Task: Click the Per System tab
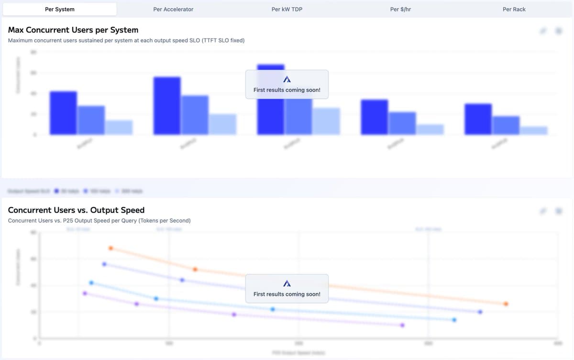coord(60,9)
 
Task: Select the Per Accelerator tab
coord(173,9)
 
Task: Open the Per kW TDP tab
coord(287,9)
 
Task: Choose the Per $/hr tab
coord(400,9)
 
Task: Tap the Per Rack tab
coord(514,9)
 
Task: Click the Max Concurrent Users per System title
coord(73,30)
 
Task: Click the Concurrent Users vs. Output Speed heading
coord(76,210)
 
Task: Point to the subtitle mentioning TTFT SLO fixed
coord(126,41)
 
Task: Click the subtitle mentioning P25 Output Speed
coord(99,221)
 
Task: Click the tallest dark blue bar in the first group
coord(63,113)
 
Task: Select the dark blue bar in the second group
coord(167,106)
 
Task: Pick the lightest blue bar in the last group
coord(534,131)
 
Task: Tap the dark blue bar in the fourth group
coord(375,117)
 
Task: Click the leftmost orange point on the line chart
coord(111,248)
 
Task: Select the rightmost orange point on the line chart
coord(506,304)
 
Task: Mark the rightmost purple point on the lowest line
coord(402,325)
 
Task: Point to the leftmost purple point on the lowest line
coord(85,293)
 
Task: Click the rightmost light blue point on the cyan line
coord(454,320)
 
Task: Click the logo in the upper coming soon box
coord(287,79)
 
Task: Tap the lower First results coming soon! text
coord(287,294)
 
